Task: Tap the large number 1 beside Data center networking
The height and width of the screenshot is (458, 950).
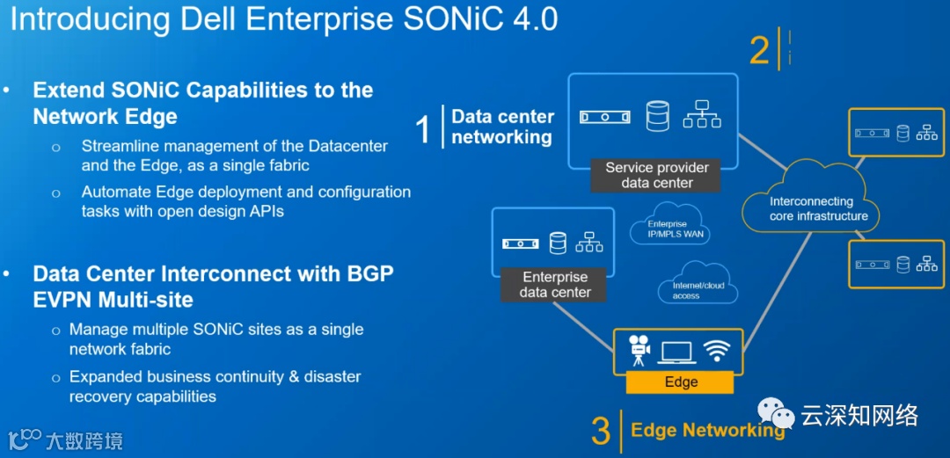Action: pos(423,128)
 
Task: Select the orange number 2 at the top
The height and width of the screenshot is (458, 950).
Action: pos(759,50)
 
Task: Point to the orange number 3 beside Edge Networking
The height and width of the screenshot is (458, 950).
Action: pos(601,432)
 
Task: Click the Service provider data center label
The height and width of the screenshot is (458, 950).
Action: pos(656,175)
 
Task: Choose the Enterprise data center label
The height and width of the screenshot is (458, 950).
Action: pos(555,284)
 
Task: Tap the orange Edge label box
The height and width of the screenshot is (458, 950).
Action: pos(680,382)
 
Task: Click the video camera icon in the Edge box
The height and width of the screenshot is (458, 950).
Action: pos(639,350)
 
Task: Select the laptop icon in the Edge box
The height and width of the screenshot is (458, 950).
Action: pos(676,351)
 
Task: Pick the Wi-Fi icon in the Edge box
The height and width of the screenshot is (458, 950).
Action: pos(717,350)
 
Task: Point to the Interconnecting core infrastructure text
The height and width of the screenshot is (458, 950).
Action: pos(818,209)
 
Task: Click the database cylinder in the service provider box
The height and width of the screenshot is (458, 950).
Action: pos(657,116)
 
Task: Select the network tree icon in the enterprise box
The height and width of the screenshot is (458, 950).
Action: pos(588,242)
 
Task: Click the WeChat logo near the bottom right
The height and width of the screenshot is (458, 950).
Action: pos(777,414)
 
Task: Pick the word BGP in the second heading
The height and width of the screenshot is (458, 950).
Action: pos(363,273)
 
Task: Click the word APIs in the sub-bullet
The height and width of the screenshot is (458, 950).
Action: pos(265,211)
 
